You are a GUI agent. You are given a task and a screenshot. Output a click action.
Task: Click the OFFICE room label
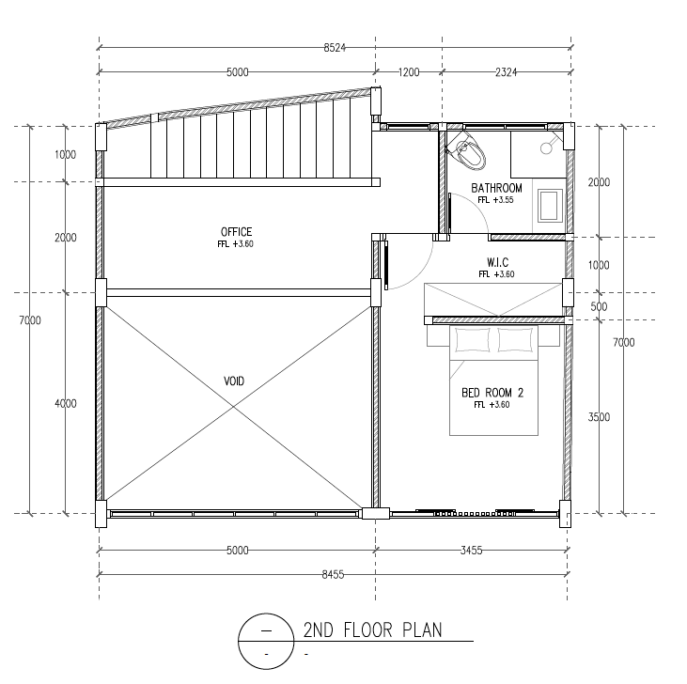pyautogui.click(x=236, y=232)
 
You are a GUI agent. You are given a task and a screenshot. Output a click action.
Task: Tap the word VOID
pyautogui.click(x=234, y=381)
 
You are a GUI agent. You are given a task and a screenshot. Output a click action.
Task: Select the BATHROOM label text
pyautogui.click(x=496, y=188)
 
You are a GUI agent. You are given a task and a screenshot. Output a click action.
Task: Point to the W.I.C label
pyautogui.click(x=498, y=262)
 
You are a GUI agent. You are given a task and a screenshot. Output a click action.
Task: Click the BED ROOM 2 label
pyautogui.click(x=492, y=393)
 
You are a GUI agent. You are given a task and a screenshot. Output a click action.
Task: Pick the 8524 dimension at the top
pyautogui.click(x=335, y=47)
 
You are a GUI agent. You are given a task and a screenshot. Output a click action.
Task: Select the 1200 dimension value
pyautogui.click(x=408, y=71)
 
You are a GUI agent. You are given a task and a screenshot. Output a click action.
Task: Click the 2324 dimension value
pyautogui.click(x=506, y=71)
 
